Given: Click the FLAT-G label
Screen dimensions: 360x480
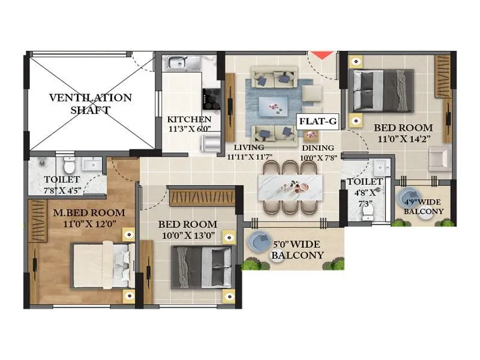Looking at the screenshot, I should (x=319, y=121).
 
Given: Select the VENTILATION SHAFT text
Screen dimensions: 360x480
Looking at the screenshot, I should (x=91, y=103).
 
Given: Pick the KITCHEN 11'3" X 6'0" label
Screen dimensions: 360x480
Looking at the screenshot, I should (x=189, y=124).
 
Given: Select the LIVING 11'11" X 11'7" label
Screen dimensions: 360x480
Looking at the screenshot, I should (x=250, y=152).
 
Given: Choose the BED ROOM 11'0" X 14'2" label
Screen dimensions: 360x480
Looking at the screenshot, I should (x=403, y=133).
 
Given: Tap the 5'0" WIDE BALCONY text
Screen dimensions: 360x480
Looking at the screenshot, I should (x=298, y=250).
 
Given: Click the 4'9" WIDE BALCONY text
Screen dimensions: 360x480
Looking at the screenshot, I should (x=424, y=206).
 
